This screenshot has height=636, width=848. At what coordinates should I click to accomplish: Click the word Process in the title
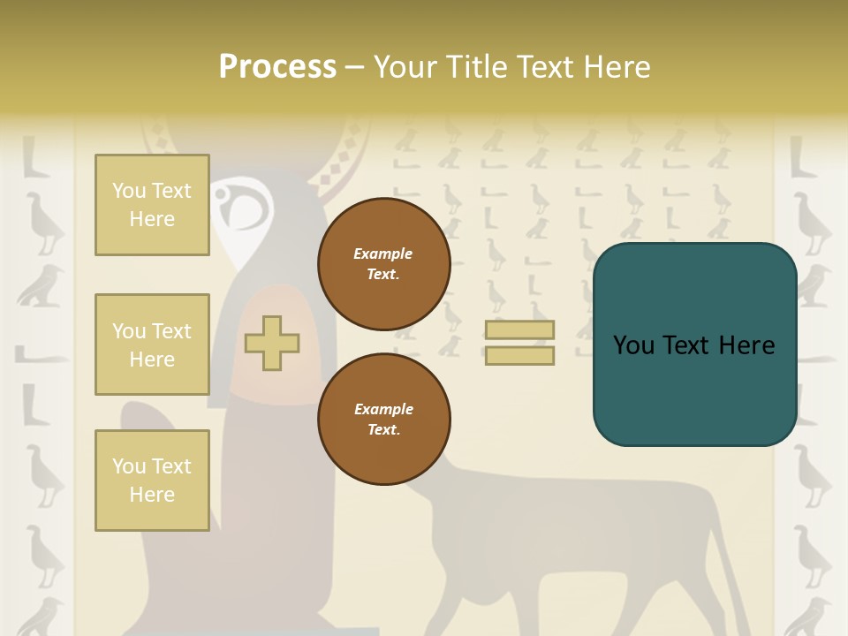277,67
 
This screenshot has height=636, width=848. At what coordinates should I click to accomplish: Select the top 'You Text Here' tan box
152,205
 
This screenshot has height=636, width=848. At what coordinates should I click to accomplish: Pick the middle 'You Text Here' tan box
152,344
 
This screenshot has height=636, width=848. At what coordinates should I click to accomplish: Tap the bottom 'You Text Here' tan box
152,481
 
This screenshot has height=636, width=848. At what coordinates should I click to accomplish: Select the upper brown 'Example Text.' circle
383,264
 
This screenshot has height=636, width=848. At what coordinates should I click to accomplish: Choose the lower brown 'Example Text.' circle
383,419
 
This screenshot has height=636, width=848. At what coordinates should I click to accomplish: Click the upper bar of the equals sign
519,330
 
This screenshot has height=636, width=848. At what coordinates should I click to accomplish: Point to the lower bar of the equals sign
519,355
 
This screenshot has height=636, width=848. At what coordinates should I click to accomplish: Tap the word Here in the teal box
746,345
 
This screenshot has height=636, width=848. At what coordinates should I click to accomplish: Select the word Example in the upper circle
383,254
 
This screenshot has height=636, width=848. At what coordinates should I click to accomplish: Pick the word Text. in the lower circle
383,429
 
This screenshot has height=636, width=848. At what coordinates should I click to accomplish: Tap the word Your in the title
402,67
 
